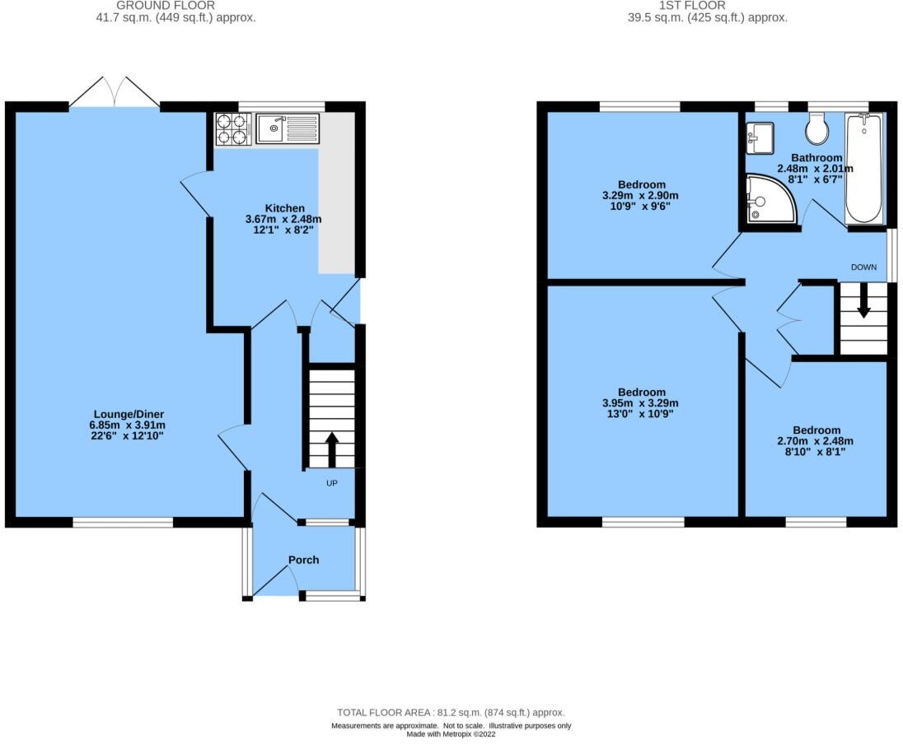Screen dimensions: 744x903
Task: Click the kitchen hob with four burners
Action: coord(232,128)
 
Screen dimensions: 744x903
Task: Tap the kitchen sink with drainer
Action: coord(286,128)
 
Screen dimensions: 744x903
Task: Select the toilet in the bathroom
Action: coord(817,128)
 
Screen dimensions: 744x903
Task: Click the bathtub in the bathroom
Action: coord(863,169)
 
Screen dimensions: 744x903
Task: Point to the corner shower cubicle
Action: coord(769,199)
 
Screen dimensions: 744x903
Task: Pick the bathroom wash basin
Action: coord(759,137)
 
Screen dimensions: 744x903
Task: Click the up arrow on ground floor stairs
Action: coord(332,449)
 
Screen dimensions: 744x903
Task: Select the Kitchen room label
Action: coord(284,208)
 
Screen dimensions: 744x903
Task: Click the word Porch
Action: coord(303,560)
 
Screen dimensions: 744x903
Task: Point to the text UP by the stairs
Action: coord(332,483)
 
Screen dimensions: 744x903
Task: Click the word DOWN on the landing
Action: coord(863,267)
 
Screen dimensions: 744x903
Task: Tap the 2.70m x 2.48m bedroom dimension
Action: coord(816,440)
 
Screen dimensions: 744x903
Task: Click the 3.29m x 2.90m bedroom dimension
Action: coord(642,195)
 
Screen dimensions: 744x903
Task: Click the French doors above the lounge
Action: coord(115,92)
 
